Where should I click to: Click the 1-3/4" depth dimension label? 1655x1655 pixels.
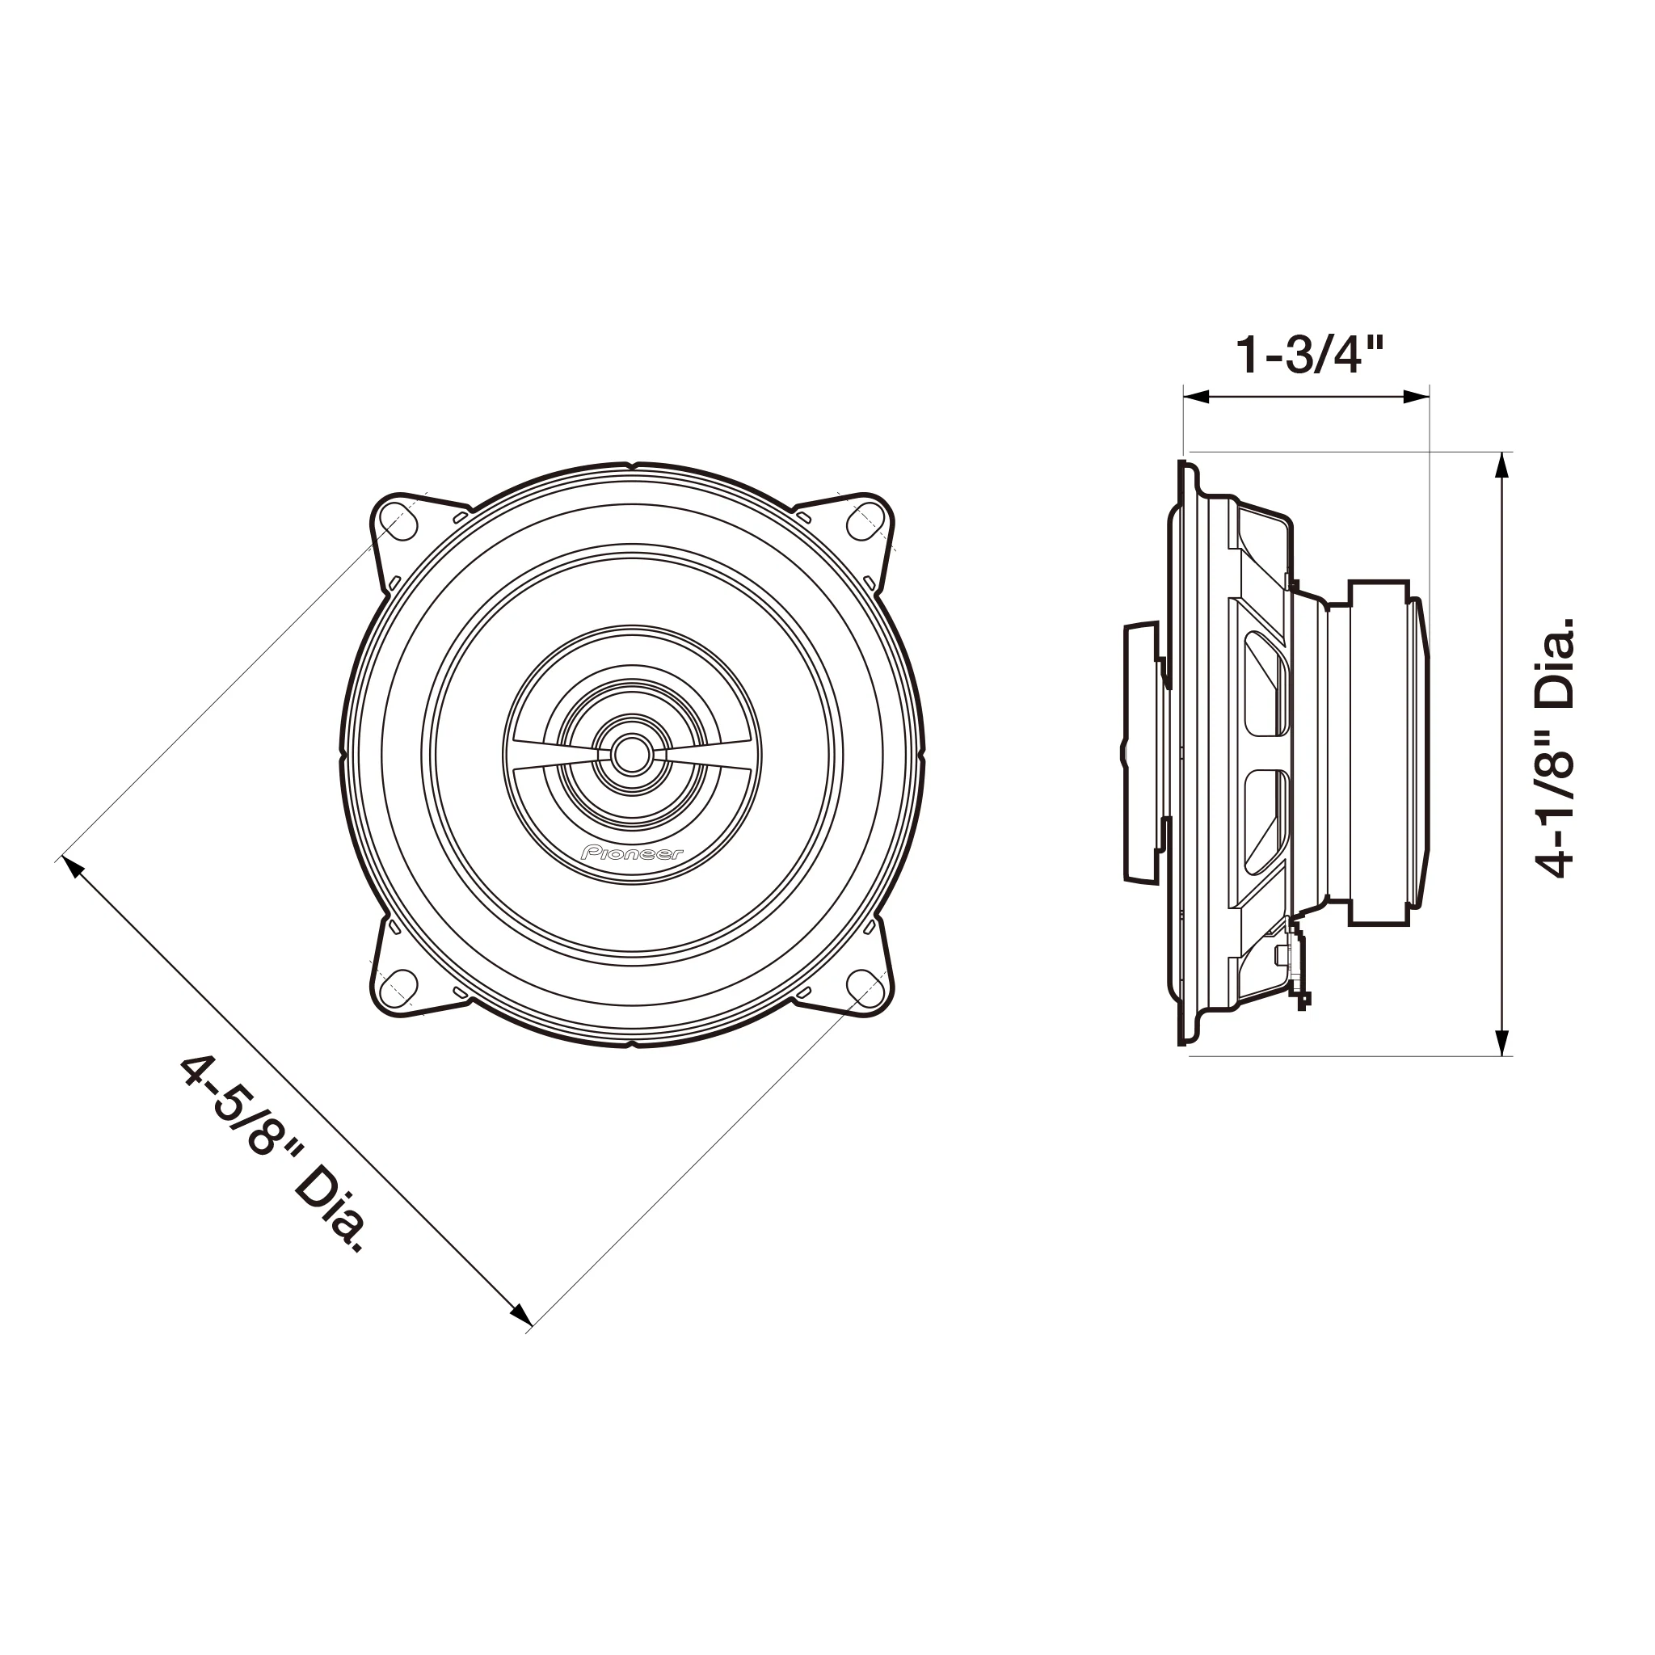click(1308, 356)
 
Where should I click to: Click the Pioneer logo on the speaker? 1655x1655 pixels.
click(632, 853)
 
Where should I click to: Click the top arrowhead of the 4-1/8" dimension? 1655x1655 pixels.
click(1501, 465)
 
